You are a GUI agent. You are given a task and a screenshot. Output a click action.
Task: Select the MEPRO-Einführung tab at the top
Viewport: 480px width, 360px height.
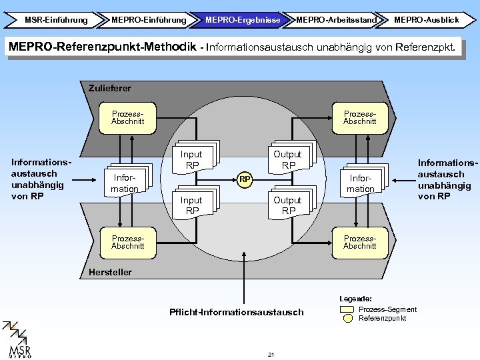[148, 20]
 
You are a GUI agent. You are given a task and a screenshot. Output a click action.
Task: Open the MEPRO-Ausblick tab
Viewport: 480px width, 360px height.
[426, 20]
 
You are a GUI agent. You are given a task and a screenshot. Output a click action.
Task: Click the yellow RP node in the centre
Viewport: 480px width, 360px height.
[245, 179]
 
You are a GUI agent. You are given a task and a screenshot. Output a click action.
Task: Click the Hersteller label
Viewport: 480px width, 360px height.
[110, 272]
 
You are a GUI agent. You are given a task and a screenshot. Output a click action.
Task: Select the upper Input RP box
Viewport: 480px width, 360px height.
[191, 159]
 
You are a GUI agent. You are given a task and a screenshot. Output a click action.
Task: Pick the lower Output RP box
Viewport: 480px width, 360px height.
[287, 205]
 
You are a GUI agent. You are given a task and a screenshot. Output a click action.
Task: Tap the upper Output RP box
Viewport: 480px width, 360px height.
[287, 159]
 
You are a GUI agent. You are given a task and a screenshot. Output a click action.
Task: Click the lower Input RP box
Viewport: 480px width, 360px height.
[191, 205]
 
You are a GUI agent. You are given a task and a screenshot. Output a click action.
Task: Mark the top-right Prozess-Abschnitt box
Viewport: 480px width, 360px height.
[359, 117]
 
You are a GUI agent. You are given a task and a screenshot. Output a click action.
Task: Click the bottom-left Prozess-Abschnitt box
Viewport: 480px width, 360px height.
[127, 242]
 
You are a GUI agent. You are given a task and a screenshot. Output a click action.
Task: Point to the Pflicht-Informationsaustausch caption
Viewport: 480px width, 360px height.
[245, 312]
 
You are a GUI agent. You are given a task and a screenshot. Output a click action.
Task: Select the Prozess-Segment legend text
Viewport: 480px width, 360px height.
[387, 309]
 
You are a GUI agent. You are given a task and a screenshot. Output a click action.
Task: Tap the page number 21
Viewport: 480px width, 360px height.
[271, 353]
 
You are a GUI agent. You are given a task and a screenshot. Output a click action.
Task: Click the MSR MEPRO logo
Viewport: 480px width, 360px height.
[19, 340]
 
